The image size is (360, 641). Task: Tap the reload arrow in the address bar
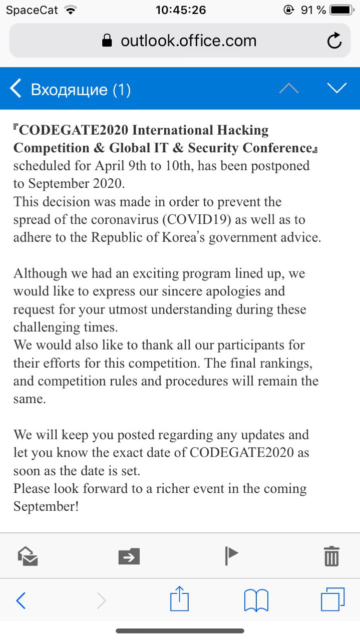tap(334, 41)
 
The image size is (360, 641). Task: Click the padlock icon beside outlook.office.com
tap(107, 41)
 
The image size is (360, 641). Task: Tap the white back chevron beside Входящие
tap(16, 89)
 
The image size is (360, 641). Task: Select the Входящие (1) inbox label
tap(81, 90)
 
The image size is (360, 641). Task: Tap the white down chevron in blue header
tap(337, 88)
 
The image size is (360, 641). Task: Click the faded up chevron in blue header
tap(289, 88)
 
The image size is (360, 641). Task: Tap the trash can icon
tap(331, 556)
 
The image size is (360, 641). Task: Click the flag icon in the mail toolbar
tap(231, 555)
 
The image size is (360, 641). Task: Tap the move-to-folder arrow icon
tap(129, 556)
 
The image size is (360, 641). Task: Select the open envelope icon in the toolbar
tap(28, 556)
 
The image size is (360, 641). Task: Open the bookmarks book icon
tap(256, 600)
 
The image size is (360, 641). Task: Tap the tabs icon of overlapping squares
tap(332, 599)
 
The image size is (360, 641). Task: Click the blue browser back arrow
tap(21, 600)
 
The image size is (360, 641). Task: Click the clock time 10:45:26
tap(180, 10)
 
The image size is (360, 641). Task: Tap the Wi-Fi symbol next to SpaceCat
tap(71, 10)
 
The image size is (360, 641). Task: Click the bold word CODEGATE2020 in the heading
tap(75, 130)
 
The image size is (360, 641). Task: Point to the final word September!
tap(46, 506)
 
